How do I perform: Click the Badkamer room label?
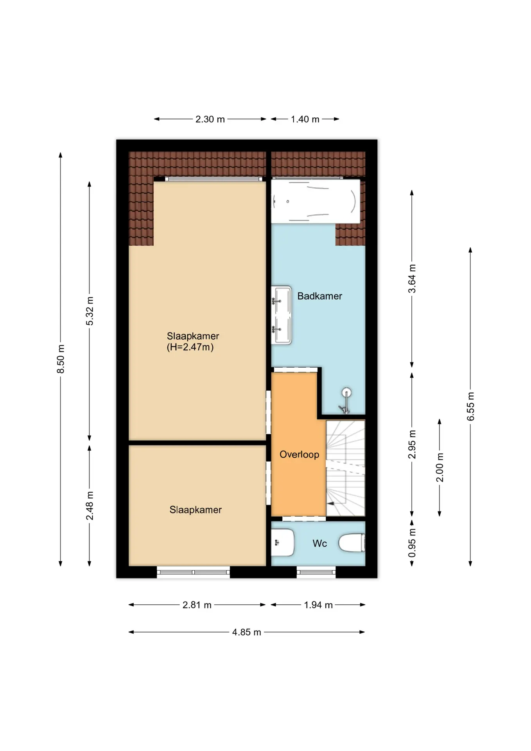319,296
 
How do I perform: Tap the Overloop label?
299,455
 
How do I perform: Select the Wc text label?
319,543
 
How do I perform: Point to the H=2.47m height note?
190,347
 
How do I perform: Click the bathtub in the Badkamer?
316,201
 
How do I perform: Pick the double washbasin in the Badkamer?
282,315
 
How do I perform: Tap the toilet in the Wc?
352,543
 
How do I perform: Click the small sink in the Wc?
282,543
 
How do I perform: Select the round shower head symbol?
346,392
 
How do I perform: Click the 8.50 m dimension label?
61,359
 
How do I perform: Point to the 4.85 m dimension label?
246,632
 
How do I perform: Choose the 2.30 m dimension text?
210,119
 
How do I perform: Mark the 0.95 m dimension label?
412,543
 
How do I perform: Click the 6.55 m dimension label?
470,406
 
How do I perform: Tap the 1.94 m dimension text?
318,605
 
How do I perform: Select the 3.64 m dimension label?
412,278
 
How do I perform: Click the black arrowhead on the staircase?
330,504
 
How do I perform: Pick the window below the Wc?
316,572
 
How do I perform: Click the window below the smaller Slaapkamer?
193,572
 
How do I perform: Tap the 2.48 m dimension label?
90,506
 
